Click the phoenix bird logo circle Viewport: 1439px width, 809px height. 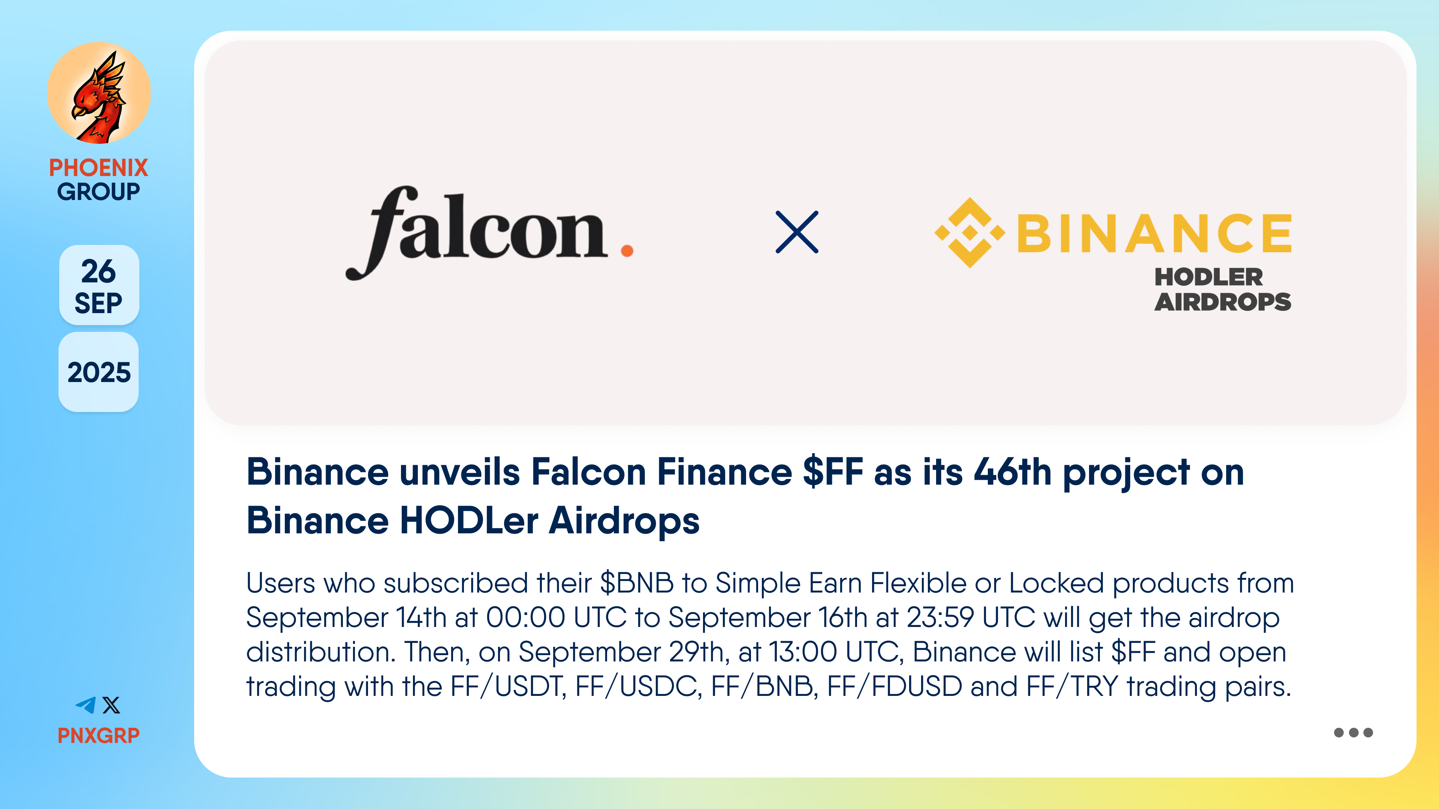coord(99,93)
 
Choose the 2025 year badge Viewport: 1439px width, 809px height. coord(99,372)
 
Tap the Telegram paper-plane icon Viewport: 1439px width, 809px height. coord(86,705)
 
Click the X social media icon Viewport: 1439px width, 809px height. coord(111,705)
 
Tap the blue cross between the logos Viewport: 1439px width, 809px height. coord(797,232)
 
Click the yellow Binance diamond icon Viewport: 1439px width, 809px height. coord(970,233)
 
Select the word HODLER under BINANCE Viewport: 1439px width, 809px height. coord(1208,277)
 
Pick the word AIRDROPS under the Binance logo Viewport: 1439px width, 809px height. coord(1223,302)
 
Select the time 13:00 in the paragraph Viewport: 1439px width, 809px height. coord(803,652)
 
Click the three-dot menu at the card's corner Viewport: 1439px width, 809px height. coord(1353,733)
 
